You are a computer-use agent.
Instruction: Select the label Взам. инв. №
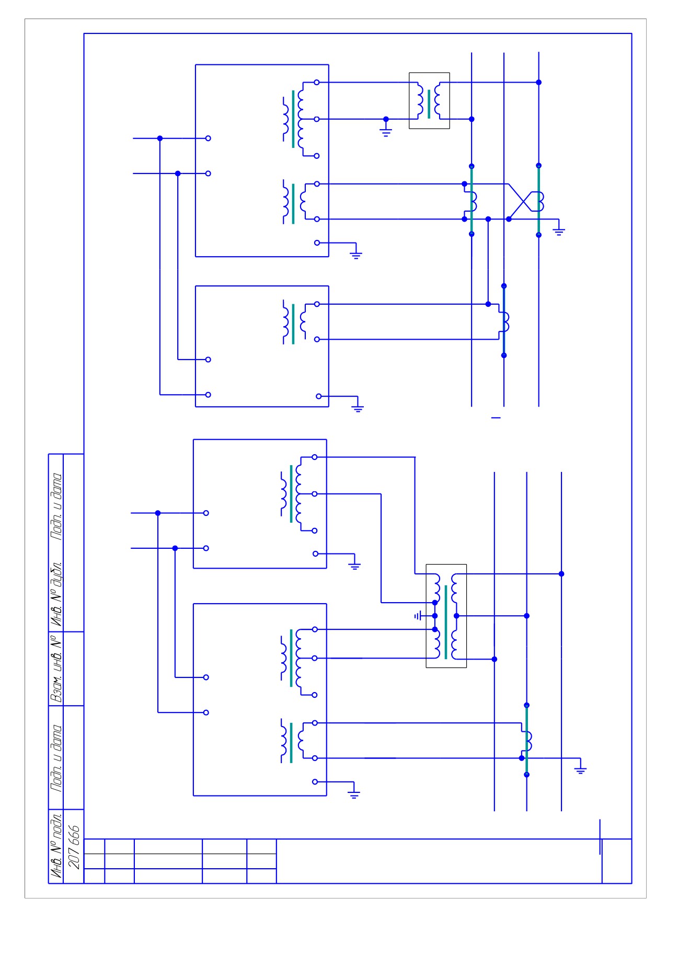click(56, 668)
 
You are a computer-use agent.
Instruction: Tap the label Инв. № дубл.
click(56, 595)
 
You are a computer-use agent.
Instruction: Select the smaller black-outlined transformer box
click(429, 101)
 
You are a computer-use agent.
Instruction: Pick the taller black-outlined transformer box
click(446, 616)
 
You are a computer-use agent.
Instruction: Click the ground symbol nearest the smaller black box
click(386, 130)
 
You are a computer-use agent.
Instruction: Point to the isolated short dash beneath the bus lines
click(496, 418)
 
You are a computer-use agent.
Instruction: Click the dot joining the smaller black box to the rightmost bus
click(539, 82)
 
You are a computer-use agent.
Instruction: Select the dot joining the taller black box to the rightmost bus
click(561, 574)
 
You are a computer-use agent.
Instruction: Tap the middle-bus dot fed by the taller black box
click(526, 616)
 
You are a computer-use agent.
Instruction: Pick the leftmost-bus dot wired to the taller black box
click(495, 659)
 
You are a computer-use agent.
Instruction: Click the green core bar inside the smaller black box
click(429, 104)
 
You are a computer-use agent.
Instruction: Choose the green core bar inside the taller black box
click(446, 622)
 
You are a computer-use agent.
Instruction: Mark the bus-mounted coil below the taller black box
click(529, 741)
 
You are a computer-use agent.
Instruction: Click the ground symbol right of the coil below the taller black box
click(580, 768)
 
